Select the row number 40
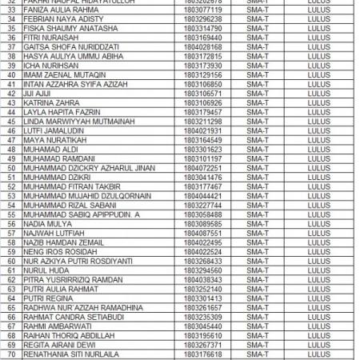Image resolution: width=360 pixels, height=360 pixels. click(x=10, y=73)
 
